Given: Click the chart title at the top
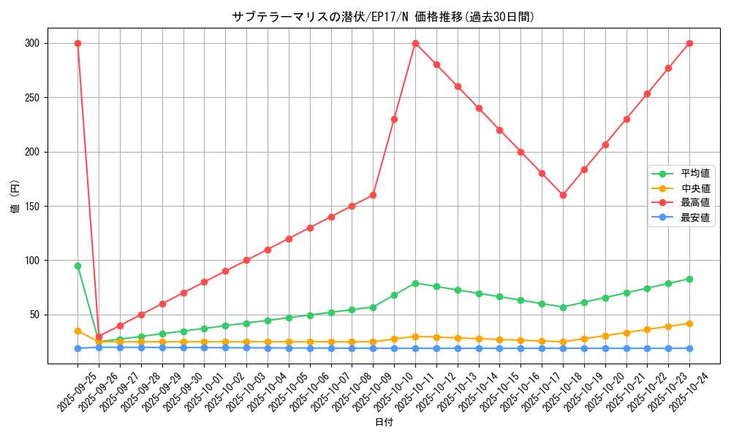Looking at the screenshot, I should (x=383, y=17).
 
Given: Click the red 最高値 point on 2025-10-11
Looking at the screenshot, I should (x=415, y=43).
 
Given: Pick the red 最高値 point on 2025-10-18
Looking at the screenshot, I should (x=563, y=195).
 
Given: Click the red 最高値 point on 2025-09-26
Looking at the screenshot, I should (x=99, y=337).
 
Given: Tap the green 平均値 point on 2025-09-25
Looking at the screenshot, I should (x=77, y=266).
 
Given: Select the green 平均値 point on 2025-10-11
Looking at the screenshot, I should (x=415, y=283).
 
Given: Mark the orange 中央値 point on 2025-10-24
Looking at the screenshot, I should (x=689, y=323).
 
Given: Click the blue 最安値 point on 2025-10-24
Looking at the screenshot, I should (x=689, y=348).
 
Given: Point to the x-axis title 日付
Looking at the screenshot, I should (x=384, y=423).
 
